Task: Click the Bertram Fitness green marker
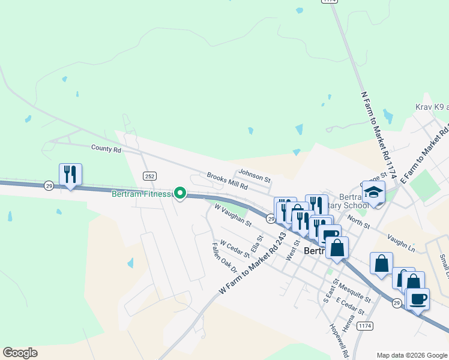(179, 193)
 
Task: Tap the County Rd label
(106, 148)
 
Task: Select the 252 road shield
(150, 175)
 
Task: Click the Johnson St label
(255, 177)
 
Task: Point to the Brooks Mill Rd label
(228, 182)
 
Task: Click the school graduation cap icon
(373, 193)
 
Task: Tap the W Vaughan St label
(233, 215)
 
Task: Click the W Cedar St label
(234, 248)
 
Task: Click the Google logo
(19, 353)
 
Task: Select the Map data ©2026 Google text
(411, 355)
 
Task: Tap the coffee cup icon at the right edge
(418, 298)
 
